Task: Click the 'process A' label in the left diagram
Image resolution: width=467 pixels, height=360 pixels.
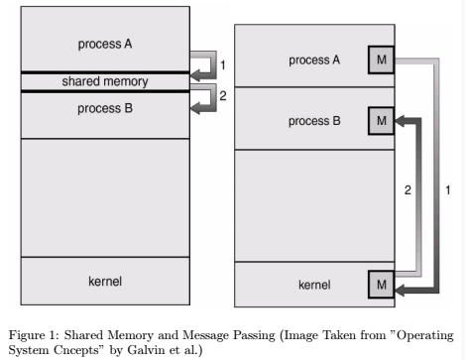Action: tap(104, 45)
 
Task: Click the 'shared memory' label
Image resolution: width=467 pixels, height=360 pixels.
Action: tap(104, 80)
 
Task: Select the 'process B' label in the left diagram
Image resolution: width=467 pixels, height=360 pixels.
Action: tap(104, 108)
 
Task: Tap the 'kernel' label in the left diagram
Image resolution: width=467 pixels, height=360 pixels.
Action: tap(104, 282)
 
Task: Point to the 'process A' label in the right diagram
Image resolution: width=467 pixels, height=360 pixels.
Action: tap(315, 60)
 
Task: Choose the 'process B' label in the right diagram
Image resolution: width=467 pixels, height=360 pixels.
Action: tap(315, 122)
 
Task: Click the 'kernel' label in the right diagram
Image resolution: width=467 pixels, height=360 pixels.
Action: tap(315, 286)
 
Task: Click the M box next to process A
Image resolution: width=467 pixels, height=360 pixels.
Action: tap(381, 60)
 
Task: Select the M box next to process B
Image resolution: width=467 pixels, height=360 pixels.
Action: tap(381, 122)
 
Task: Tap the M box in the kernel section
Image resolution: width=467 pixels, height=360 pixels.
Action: tap(381, 286)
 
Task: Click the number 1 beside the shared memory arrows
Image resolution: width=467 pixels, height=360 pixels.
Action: tap(222, 65)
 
